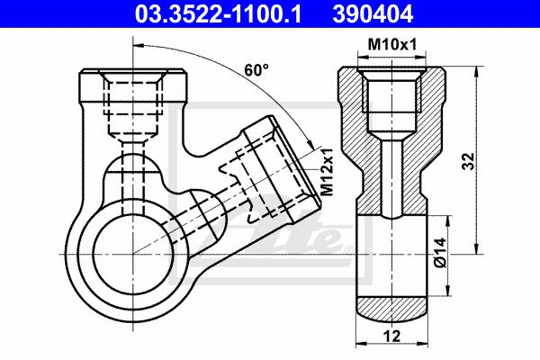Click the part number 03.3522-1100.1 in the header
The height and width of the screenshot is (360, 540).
218,14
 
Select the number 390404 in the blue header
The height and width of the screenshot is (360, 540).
373,14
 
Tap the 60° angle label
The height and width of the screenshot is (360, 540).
256,70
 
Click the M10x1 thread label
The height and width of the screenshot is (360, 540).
392,44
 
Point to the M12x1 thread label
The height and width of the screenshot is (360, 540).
327,172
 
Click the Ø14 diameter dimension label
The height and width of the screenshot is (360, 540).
440,253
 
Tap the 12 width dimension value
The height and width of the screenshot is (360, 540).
391,336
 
